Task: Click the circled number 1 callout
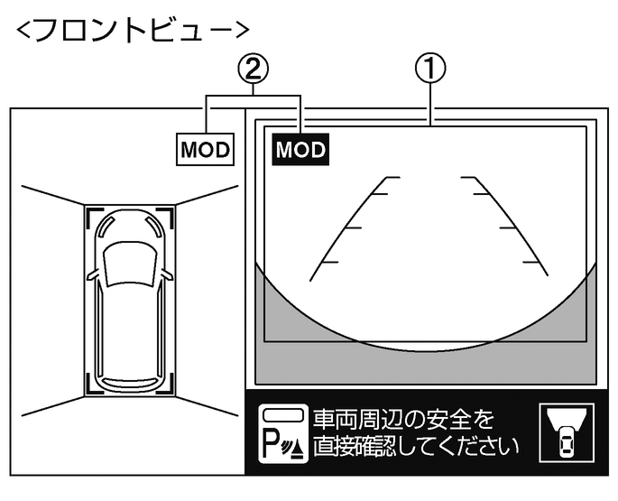433,68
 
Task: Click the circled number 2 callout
254,68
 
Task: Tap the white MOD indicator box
206,149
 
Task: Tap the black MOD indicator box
300,149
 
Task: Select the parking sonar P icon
281,434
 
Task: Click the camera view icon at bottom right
565,432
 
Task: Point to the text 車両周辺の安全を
403,420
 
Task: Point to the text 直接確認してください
416,446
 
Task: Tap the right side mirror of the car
167,273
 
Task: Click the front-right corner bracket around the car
166,214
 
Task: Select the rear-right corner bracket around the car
166,385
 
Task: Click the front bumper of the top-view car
128,213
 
